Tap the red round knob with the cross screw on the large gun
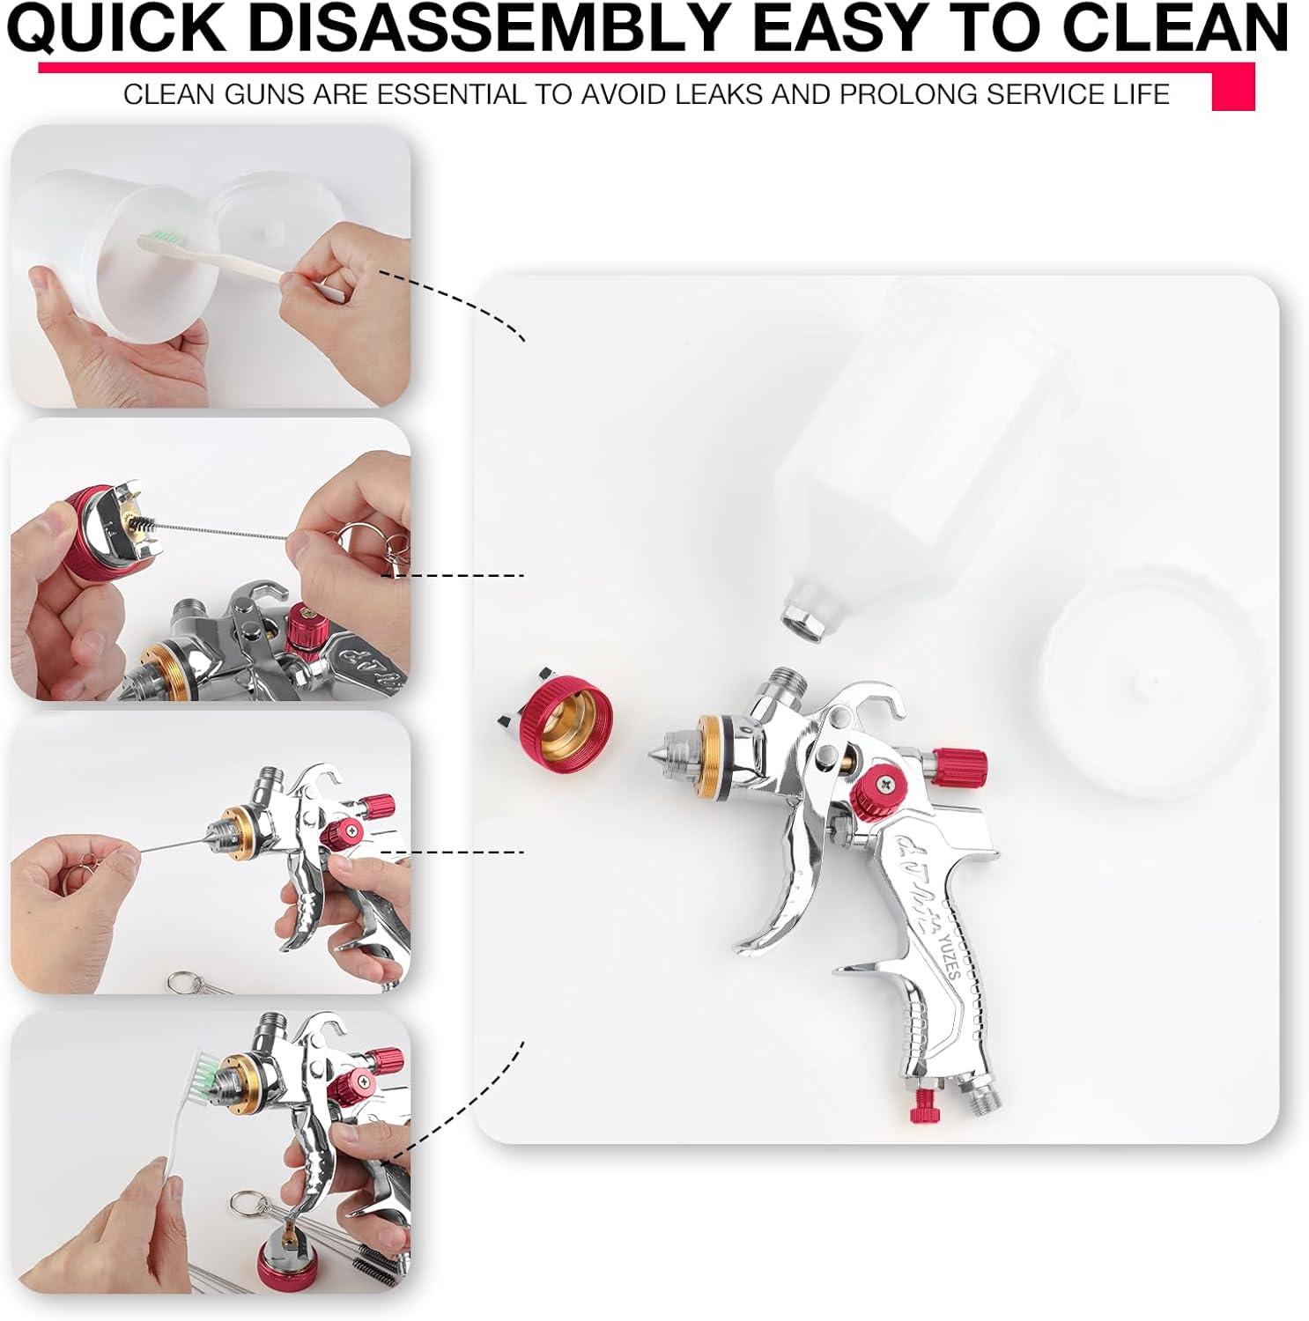click(x=875, y=785)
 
